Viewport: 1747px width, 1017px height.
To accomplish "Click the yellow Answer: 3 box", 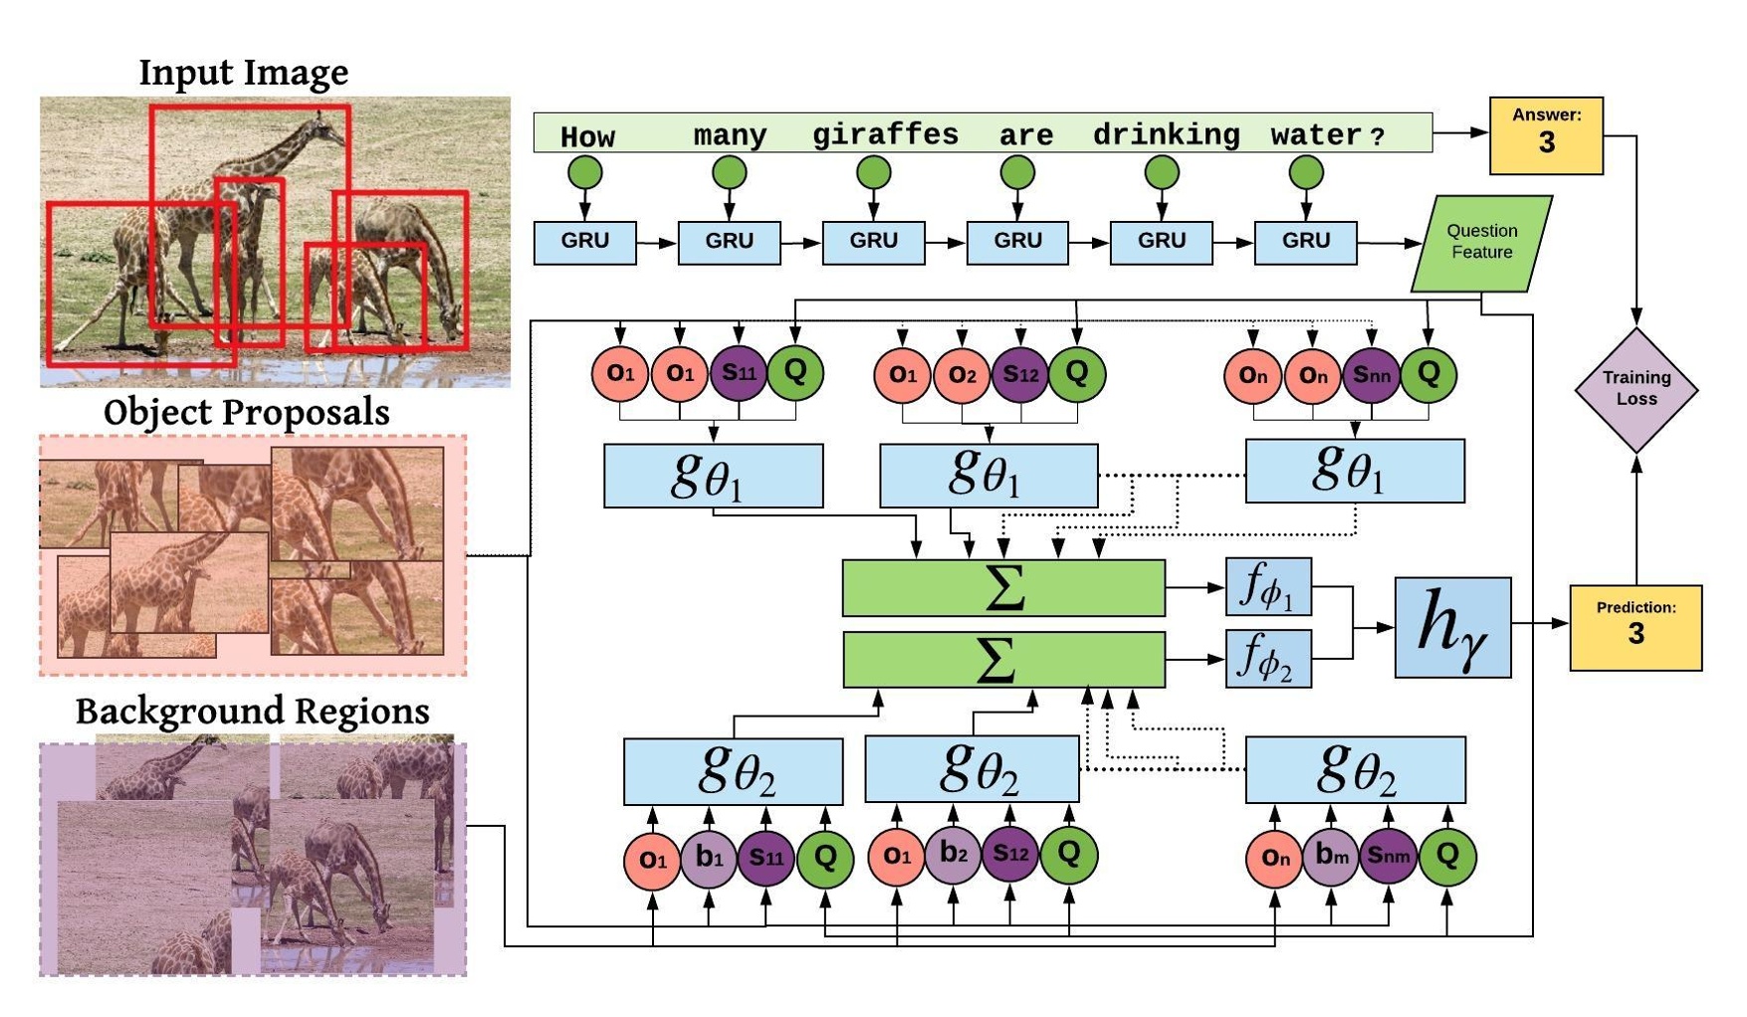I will point(1545,135).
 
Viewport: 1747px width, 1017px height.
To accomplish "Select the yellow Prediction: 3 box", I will point(1635,627).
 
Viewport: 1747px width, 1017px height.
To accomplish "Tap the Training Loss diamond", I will point(1636,389).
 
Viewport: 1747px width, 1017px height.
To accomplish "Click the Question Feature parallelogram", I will point(1481,243).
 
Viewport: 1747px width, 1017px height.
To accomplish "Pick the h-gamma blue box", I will point(1452,627).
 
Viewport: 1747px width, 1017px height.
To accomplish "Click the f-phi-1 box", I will point(1267,587).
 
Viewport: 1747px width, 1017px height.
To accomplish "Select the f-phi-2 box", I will point(1267,658).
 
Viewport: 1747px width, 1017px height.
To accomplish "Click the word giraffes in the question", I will point(885,134).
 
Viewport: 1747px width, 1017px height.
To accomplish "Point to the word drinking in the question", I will point(1166,134).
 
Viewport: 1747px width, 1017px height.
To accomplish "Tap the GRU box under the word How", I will point(584,242).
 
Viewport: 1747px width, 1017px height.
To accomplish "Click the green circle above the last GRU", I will point(1305,173).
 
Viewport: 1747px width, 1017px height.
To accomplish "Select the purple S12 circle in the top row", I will point(1019,374).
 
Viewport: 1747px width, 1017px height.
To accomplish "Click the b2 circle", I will point(953,854).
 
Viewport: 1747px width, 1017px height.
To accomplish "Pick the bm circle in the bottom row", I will point(1331,855).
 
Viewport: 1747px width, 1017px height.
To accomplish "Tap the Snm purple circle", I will point(1388,855).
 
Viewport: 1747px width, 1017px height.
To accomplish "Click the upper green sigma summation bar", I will point(1003,587).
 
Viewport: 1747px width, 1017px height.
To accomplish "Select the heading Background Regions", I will point(252,712).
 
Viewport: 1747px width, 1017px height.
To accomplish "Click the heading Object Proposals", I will point(246,412).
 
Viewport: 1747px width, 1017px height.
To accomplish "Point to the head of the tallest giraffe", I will point(321,123).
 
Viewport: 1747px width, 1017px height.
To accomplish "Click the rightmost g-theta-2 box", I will point(1355,769).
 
